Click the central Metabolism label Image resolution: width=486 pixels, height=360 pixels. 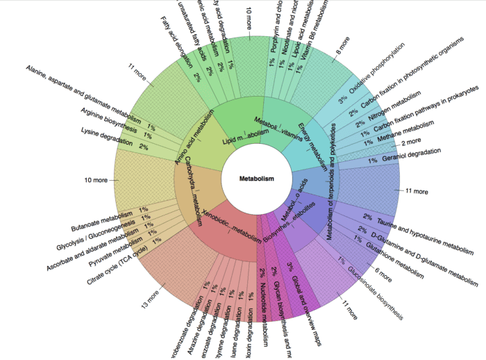tap(256, 179)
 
